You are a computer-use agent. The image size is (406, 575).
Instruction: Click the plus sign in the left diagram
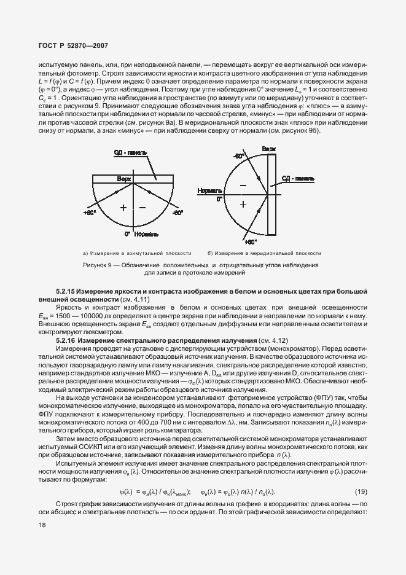(123, 208)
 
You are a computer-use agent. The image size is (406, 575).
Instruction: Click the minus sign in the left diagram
(142, 208)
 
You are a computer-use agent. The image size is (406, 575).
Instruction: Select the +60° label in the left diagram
(89, 213)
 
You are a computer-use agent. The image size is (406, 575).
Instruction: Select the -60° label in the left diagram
(178, 213)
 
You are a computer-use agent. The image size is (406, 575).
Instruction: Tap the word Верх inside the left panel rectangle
(125, 178)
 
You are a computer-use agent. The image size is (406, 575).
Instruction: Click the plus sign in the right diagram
(243, 204)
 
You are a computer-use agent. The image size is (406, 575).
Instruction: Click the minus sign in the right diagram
(243, 184)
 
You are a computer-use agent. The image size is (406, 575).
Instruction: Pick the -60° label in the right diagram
(239, 157)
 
